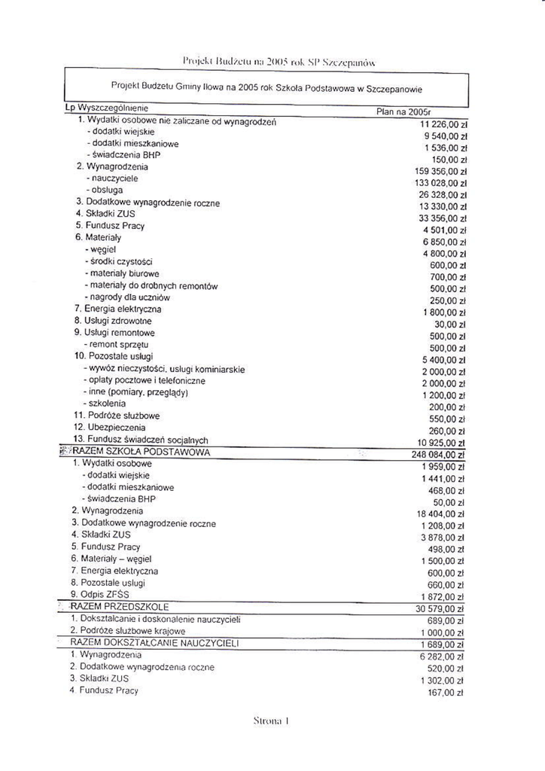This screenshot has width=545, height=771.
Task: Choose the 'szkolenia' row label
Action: click(x=105, y=404)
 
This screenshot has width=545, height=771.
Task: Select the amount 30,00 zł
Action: click(x=446, y=325)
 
